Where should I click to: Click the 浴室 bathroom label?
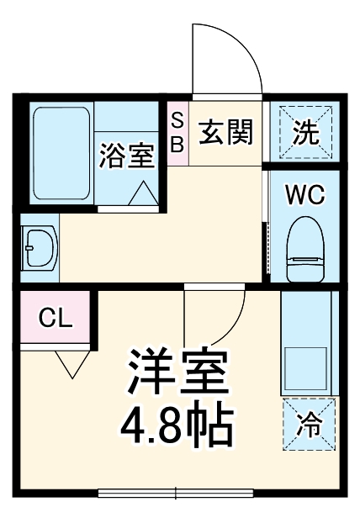click(126, 156)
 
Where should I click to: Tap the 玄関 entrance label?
click(226, 132)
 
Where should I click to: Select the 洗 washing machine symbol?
click(311, 132)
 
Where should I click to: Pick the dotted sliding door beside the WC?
click(267, 248)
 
